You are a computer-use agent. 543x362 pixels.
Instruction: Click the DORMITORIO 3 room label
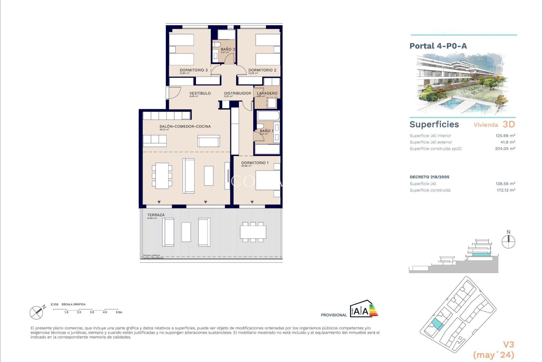click(193, 70)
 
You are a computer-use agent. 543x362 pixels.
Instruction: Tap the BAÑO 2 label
click(228, 49)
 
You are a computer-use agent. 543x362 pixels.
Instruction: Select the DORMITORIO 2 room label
click(262, 70)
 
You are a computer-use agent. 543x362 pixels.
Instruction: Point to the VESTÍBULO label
click(200, 93)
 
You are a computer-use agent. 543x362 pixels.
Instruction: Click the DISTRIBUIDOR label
click(237, 93)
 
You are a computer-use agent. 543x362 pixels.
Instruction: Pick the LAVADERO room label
click(267, 93)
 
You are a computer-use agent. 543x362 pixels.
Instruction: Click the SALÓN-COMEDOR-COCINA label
click(185, 126)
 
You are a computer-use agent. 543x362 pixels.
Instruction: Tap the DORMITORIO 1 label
click(255, 163)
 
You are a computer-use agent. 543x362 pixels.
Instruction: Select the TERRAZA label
click(156, 215)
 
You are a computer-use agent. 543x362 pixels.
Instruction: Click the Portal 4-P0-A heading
click(438, 46)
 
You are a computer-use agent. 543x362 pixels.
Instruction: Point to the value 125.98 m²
click(505, 136)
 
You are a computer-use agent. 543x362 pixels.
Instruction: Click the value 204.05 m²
click(505, 149)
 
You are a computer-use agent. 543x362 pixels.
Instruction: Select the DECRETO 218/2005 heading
click(429, 177)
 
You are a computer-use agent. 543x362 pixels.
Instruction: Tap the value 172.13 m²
click(506, 190)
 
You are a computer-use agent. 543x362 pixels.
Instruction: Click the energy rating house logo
click(363, 309)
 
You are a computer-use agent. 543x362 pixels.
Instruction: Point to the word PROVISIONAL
click(333, 315)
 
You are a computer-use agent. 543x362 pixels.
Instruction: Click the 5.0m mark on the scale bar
click(118, 312)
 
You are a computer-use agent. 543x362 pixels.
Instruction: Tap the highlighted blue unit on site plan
click(438, 324)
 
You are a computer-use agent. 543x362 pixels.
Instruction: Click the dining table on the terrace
click(253, 232)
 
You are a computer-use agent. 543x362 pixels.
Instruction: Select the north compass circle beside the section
click(508, 242)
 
